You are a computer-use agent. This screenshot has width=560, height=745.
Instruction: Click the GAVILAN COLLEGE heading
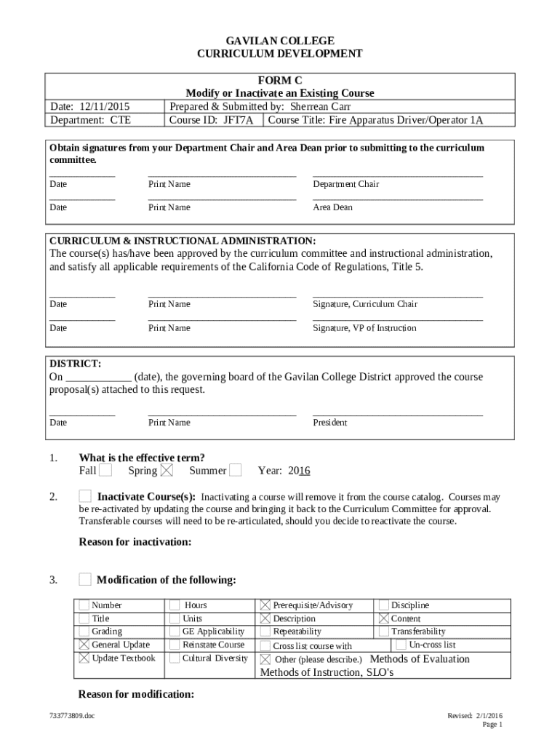(x=280, y=41)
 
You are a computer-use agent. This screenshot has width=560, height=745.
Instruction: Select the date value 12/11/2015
(x=107, y=106)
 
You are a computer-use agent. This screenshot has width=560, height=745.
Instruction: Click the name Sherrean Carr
(x=321, y=106)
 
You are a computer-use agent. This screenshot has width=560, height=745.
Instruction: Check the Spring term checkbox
(x=167, y=471)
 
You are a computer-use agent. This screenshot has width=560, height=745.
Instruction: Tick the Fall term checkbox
(x=105, y=471)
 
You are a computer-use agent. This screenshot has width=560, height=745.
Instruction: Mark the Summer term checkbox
(x=235, y=471)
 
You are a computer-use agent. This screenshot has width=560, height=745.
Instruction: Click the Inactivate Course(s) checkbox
(x=85, y=497)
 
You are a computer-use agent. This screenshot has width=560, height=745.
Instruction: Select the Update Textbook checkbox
(x=84, y=658)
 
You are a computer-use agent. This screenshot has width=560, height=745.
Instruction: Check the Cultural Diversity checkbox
(x=175, y=658)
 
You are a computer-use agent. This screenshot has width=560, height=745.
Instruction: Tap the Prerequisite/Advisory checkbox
(x=265, y=605)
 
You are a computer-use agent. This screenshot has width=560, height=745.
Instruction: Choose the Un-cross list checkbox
(x=401, y=645)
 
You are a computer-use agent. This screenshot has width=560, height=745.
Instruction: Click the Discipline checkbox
(x=383, y=605)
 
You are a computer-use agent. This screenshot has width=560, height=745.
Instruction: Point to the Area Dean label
(x=332, y=208)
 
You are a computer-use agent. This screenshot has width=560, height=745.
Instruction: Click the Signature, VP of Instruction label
(x=364, y=328)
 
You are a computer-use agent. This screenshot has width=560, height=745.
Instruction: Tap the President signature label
(x=329, y=423)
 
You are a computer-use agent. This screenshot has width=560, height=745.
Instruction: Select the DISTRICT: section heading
(x=75, y=364)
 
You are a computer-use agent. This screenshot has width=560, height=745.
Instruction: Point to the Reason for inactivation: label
(x=135, y=542)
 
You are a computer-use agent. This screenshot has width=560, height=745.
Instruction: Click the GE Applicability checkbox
(x=175, y=632)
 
